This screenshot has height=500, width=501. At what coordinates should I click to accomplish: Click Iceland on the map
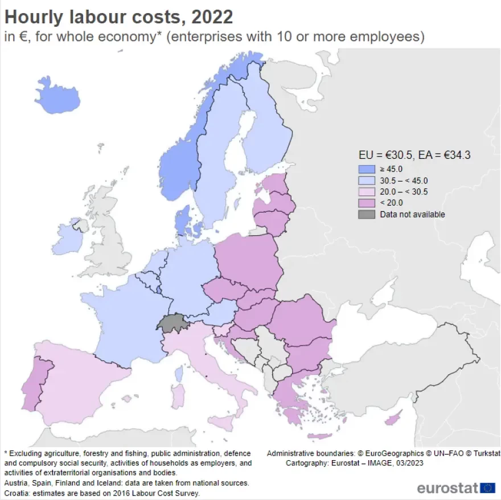click(56, 95)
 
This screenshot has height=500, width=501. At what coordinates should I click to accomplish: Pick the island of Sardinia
click(178, 396)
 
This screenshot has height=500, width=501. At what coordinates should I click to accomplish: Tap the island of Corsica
click(179, 374)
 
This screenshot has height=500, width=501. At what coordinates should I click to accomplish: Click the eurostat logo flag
click(487, 487)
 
